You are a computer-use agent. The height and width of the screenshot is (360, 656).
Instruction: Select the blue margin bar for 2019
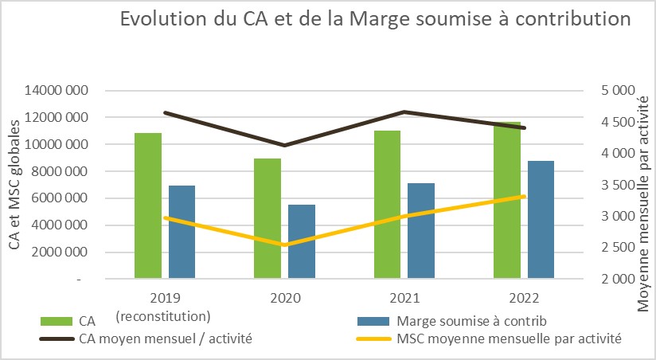(182, 232)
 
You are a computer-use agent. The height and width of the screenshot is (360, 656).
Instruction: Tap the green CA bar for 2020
(267, 218)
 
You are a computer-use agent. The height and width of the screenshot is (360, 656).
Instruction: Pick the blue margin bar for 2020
(302, 242)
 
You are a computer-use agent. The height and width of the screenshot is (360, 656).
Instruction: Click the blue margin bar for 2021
(421, 231)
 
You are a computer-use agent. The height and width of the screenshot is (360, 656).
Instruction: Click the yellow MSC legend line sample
(369, 338)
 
